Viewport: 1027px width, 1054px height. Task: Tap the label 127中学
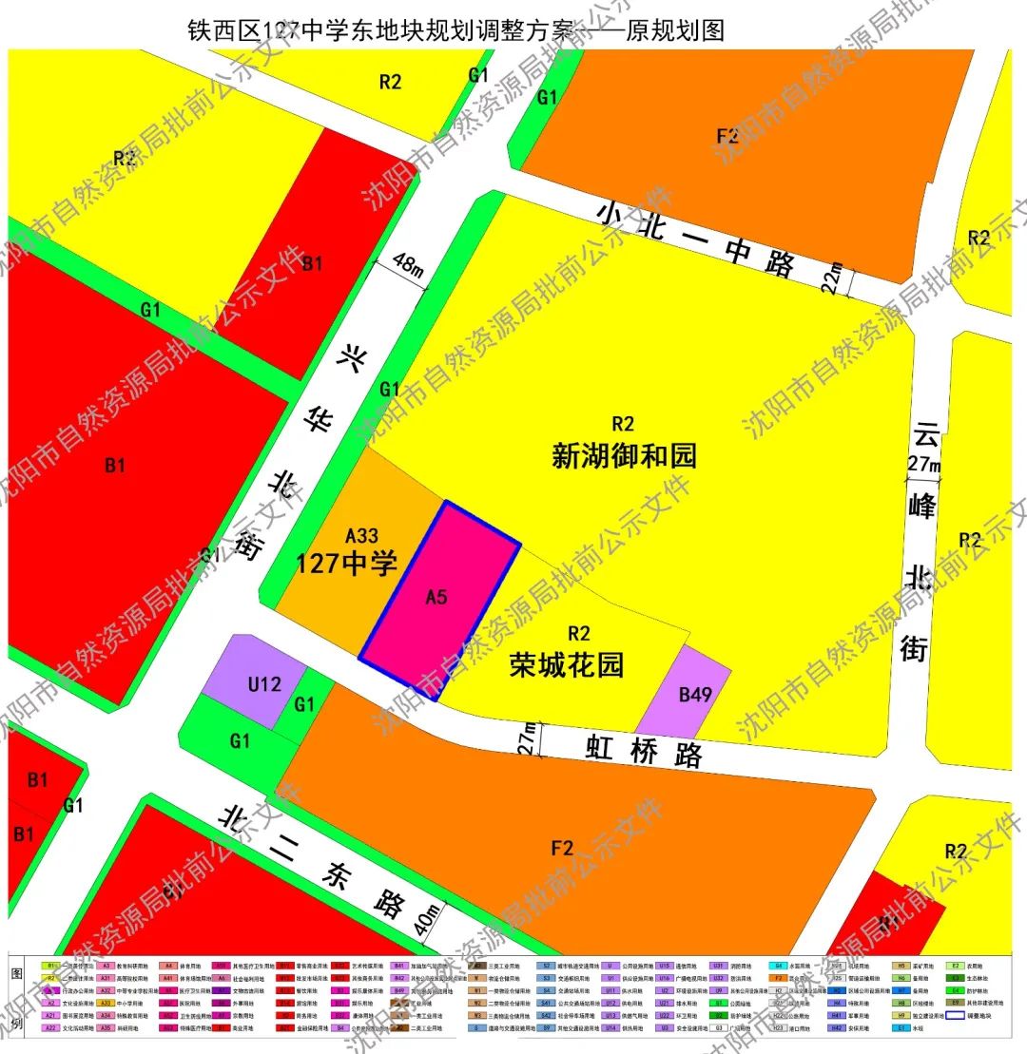(346, 564)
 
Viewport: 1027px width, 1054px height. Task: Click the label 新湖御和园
(624, 456)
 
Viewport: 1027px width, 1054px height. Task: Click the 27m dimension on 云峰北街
(923, 466)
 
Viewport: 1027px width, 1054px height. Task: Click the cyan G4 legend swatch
(778, 965)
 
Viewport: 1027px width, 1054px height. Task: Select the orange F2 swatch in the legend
(778, 978)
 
